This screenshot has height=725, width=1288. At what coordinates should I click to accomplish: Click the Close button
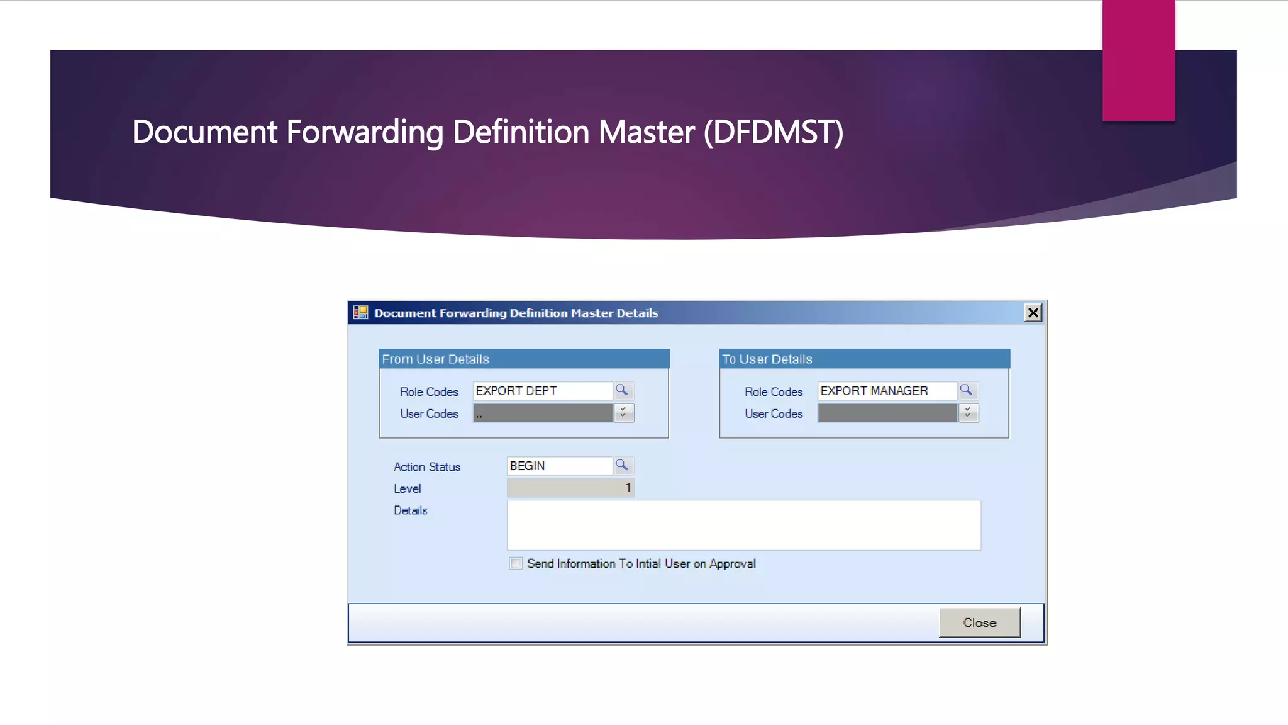[x=979, y=622]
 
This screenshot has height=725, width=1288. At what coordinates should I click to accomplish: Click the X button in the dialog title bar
[x=1033, y=313]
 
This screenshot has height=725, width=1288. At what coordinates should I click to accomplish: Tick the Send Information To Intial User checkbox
[x=516, y=563]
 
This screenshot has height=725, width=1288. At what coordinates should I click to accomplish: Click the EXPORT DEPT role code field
[x=542, y=391]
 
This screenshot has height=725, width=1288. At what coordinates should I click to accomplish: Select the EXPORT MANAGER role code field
[x=887, y=391]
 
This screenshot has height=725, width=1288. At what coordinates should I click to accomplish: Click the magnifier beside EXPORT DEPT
[x=622, y=391]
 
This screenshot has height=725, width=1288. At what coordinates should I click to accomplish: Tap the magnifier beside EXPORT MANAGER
[x=967, y=391]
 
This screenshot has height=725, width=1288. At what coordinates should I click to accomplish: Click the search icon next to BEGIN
[x=622, y=466]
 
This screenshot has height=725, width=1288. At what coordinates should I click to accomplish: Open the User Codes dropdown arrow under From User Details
[x=623, y=413]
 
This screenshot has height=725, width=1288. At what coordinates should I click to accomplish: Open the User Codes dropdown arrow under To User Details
[x=968, y=413]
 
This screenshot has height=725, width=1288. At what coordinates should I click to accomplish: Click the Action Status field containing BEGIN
[x=559, y=466]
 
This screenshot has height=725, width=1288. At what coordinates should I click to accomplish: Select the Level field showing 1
[x=570, y=488]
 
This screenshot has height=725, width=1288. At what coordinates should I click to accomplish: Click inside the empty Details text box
[x=743, y=525]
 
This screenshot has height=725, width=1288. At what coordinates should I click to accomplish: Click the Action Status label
[x=427, y=467]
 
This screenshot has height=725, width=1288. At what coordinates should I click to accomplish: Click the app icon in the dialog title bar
[x=360, y=313]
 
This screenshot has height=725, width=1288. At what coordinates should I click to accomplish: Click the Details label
[x=410, y=510]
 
